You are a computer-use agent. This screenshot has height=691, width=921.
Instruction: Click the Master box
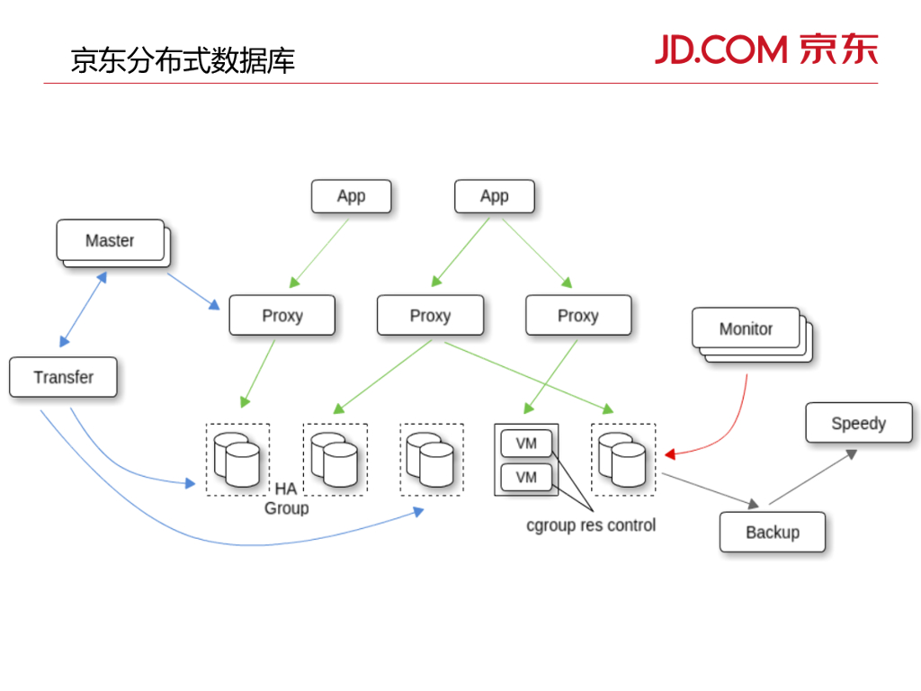click(x=110, y=240)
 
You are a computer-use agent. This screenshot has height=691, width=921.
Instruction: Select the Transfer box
click(x=63, y=377)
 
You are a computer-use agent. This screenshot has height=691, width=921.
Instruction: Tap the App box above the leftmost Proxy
click(x=351, y=196)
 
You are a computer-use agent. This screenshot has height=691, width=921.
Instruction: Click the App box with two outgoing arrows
click(x=494, y=196)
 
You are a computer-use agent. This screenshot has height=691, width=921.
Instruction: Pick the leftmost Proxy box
click(x=282, y=315)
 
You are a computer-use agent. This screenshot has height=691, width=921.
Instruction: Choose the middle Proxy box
click(x=430, y=315)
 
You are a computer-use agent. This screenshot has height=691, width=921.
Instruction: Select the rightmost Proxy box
click(x=577, y=315)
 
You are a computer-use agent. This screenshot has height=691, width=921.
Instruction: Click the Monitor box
click(x=746, y=328)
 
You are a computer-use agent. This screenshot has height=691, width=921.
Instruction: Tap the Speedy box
click(x=858, y=423)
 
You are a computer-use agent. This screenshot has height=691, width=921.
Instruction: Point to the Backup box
click(x=772, y=532)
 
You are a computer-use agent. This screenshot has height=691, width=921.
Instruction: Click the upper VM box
click(x=526, y=444)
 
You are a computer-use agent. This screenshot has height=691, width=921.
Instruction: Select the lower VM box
click(x=526, y=477)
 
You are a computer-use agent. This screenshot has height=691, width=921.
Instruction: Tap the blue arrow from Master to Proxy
click(x=192, y=291)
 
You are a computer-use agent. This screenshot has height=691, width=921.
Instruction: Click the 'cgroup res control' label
click(x=591, y=525)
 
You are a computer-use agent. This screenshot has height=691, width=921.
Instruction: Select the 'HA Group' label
click(x=286, y=498)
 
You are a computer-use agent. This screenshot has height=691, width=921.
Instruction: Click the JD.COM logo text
click(x=720, y=49)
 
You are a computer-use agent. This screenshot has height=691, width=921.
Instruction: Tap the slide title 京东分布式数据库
click(x=183, y=60)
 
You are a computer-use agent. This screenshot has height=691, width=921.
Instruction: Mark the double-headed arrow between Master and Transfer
click(x=84, y=309)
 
